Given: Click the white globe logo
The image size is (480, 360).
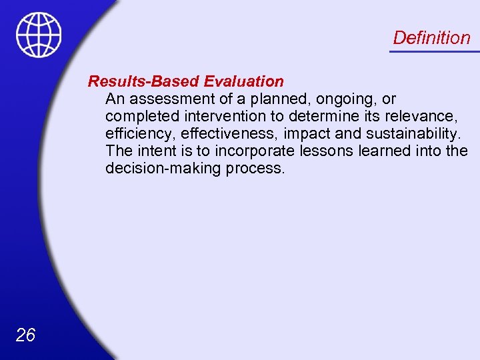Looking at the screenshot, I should click(x=39, y=35).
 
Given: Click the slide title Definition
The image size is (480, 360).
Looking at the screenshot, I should click(x=431, y=37).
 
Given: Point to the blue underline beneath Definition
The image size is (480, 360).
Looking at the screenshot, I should click(x=434, y=51).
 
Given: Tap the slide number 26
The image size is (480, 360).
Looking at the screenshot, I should click(x=25, y=335).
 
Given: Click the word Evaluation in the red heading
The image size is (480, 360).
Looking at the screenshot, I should click(x=244, y=81).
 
